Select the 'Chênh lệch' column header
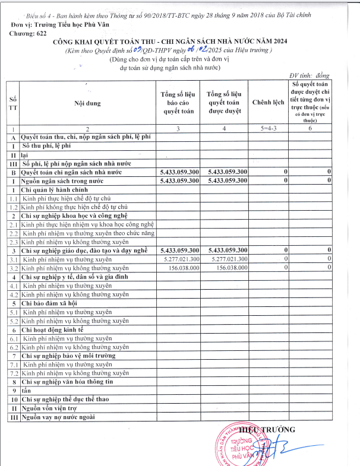pyautogui.click(x=268, y=103)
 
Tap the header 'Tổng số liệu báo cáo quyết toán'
pyautogui.click(x=178, y=103)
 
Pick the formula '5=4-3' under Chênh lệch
pyautogui.click(x=268, y=128)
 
